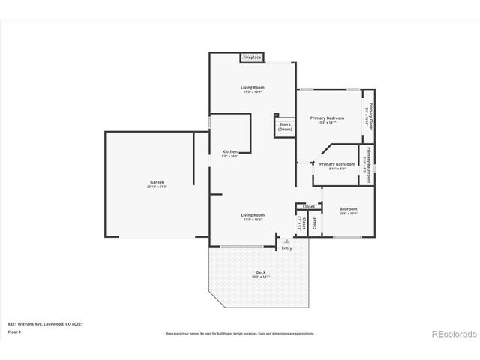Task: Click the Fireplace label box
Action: pos(251,57)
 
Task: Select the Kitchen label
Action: pos(230,151)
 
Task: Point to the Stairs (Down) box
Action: pos(285,126)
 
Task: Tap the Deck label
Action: pos(261,272)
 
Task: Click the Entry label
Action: pos(286,248)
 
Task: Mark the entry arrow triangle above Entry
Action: pos(286,240)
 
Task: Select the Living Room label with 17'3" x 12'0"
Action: pos(253,88)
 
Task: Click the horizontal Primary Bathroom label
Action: pos(337,164)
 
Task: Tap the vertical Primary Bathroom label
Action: pos(369,163)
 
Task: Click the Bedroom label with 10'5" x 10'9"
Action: pos(348,209)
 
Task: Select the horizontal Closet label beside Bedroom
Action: pos(309,206)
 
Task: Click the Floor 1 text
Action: pos(14,331)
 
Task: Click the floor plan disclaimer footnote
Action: pos(240,332)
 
